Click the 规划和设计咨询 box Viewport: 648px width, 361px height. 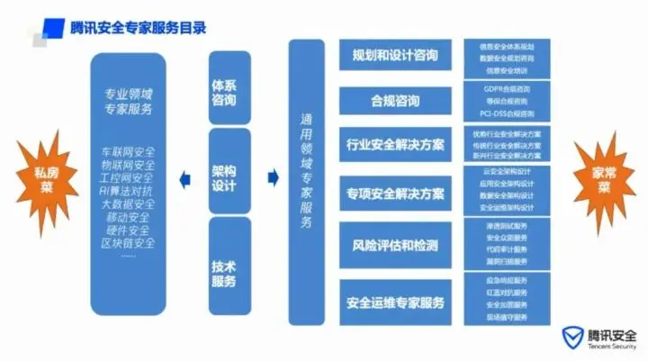click(395, 56)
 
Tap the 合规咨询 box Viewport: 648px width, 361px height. click(395, 100)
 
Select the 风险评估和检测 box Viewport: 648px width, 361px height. click(395, 246)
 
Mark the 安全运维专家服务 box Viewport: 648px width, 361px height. click(395, 302)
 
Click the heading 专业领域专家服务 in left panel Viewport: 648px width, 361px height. click(128, 102)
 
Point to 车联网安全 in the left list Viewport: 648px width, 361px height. click(128, 151)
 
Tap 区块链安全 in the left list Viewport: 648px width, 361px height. click(128, 244)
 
